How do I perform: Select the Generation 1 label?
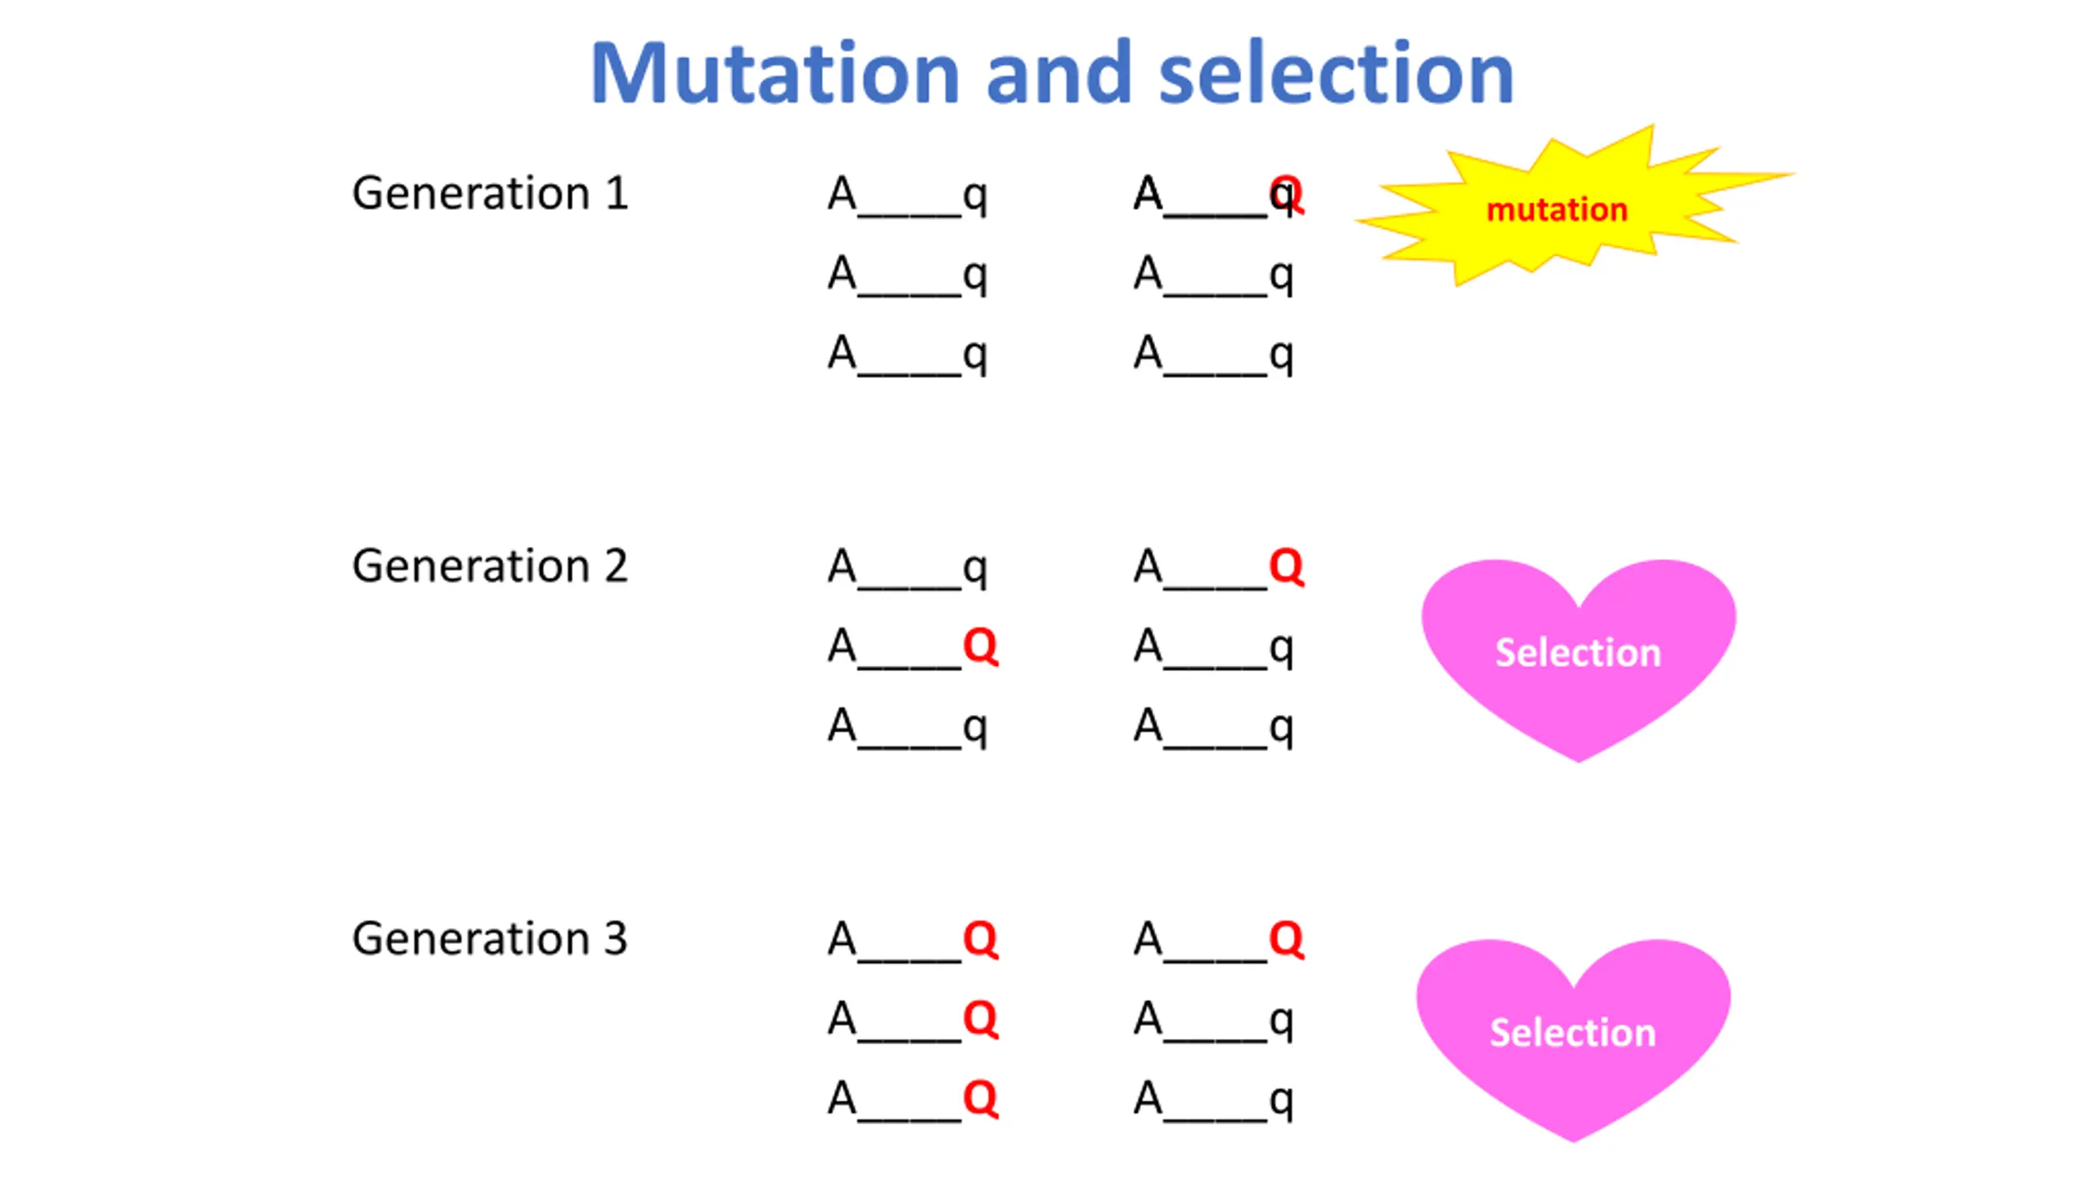(490, 194)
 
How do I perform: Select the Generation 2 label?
(490, 566)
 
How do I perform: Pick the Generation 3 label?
(490, 938)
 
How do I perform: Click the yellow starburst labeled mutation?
(1557, 209)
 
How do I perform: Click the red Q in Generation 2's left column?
(980, 646)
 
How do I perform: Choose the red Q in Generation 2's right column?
(1286, 566)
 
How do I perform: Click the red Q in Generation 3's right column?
(1286, 938)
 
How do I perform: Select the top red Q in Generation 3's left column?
(980, 938)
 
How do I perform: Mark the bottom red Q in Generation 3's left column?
(980, 1097)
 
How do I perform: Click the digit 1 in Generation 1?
(617, 194)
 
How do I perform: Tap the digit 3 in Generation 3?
(615, 938)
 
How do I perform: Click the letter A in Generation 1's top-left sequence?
(842, 194)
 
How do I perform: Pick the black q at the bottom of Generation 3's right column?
(1281, 1101)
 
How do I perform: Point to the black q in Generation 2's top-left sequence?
(975, 569)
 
